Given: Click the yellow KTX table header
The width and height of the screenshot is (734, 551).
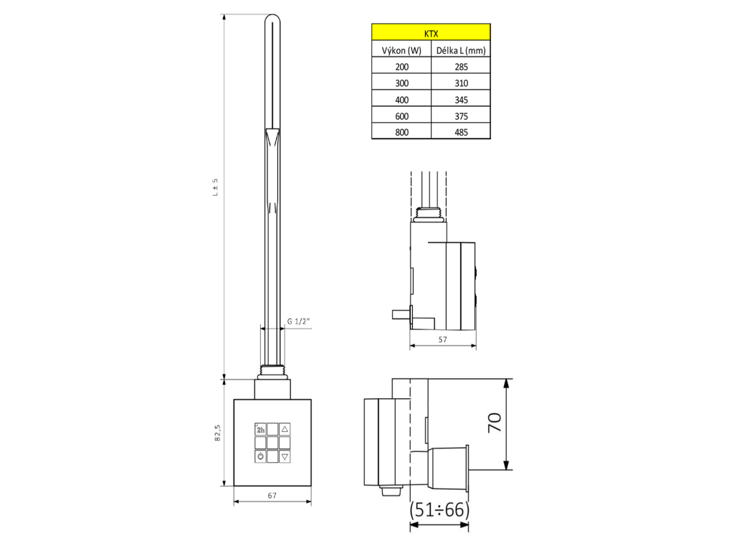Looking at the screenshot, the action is [431, 32].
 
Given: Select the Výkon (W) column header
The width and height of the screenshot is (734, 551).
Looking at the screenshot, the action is [401, 50].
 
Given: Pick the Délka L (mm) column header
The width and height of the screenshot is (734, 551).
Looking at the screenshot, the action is [461, 50].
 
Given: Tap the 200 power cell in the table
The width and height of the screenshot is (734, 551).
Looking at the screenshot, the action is [401, 67].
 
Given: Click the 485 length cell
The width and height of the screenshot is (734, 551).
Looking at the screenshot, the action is [461, 132].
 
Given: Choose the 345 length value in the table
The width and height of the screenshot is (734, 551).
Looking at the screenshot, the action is [461, 100].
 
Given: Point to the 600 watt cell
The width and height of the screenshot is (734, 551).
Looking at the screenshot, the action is [401, 116].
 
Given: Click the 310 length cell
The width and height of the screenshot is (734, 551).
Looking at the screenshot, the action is [461, 83].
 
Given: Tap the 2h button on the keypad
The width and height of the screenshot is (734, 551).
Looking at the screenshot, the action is [260, 429].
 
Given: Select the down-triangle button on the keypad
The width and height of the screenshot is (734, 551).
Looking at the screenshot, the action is [285, 456].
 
